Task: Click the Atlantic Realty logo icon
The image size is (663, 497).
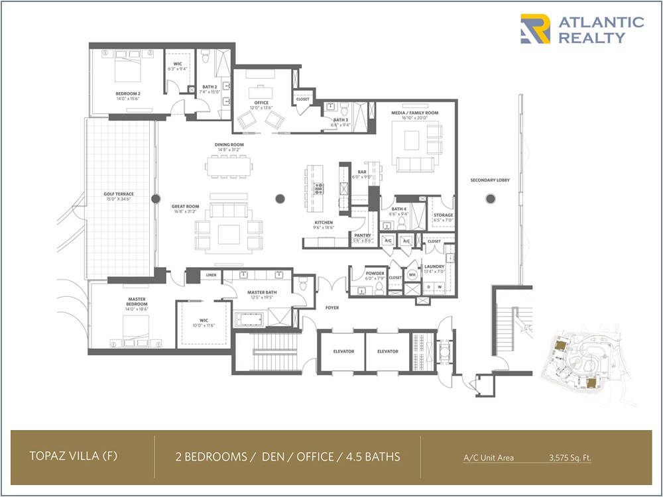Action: [x=535, y=29]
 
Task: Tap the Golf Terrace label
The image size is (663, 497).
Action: [x=119, y=194]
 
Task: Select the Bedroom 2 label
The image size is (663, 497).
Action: [x=129, y=93]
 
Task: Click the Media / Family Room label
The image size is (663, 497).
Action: [x=414, y=113]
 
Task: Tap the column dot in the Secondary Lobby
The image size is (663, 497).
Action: [x=491, y=197]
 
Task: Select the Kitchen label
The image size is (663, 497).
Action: [x=324, y=223]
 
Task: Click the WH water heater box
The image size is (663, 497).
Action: [x=411, y=274]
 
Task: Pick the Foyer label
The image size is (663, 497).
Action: [x=332, y=307]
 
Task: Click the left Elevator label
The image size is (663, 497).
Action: [x=343, y=351]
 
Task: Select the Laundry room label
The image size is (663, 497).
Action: [x=434, y=266]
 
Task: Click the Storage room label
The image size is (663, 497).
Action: [x=442, y=215]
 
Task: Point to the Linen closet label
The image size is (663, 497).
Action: [x=211, y=275]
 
